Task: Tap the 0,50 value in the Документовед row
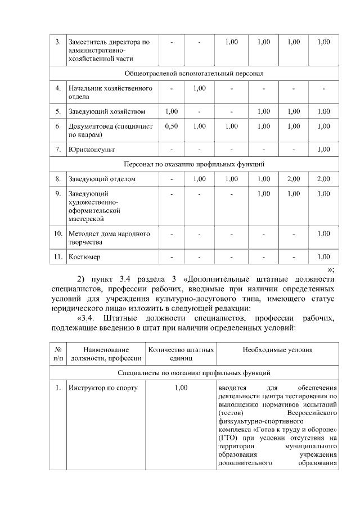[x=172, y=127]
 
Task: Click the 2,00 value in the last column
[x=323, y=179]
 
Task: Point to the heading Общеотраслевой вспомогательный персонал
[x=194, y=74]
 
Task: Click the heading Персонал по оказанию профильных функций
[x=194, y=164]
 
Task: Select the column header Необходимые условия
[x=277, y=350]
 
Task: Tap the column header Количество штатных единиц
[x=181, y=354]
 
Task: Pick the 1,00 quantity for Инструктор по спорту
[x=181, y=388]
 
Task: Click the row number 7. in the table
[x=58, y=149]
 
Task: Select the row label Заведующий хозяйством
[x=107, y=111]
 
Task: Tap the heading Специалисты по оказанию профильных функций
[x=194, y=372]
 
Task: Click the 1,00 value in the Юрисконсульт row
[x=323, y=149]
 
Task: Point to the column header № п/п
[x=58, y=354]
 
